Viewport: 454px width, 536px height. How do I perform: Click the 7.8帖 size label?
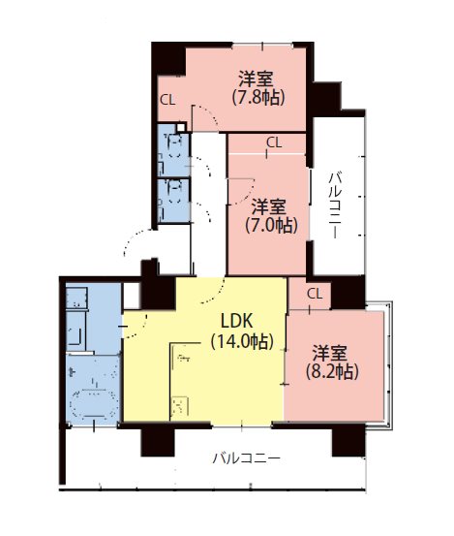tap(258, 98)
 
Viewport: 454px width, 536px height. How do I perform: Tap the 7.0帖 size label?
tap(272, 225)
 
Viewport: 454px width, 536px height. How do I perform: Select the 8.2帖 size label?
tap(332, 371)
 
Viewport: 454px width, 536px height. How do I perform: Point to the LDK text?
tap(237, 321)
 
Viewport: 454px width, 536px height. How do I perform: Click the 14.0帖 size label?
tap(242, 341)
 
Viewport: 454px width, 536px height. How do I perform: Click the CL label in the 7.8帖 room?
tap(167, 100)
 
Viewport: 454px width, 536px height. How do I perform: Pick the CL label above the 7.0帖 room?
tap(274, 142)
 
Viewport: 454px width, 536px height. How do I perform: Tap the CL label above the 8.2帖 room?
tap(315, 294)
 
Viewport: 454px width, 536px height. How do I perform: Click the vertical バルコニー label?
tap(335, 205)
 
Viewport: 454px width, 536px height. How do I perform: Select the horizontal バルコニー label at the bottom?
tap(247, 457)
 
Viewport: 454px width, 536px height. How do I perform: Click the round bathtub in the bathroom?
tap(94, 403)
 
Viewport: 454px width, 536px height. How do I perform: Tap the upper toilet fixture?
tap(174, 146)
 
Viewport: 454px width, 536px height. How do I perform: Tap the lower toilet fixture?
tap(174, 192)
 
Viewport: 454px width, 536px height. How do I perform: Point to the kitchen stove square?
tap(179, 405)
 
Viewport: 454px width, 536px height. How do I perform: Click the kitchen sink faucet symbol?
tap(183, 359)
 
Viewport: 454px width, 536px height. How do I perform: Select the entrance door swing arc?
tap(134, 240)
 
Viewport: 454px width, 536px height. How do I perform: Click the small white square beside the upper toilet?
tap(181, 128)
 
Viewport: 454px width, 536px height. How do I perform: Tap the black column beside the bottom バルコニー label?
tap(158, 441)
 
